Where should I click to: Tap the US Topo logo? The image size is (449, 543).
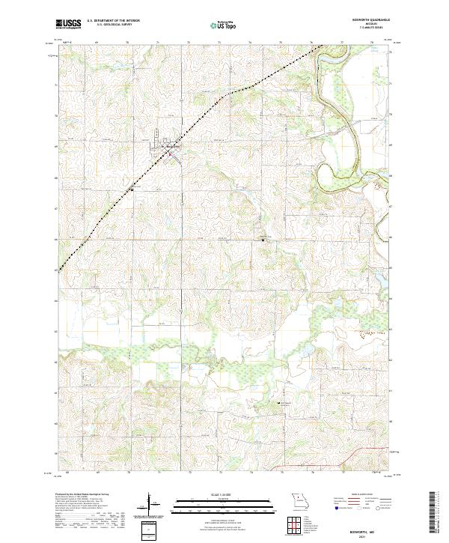tap(224, 25)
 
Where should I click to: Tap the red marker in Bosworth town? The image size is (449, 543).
tap(170, 154)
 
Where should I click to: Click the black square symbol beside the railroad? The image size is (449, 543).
tap(132, 189)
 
